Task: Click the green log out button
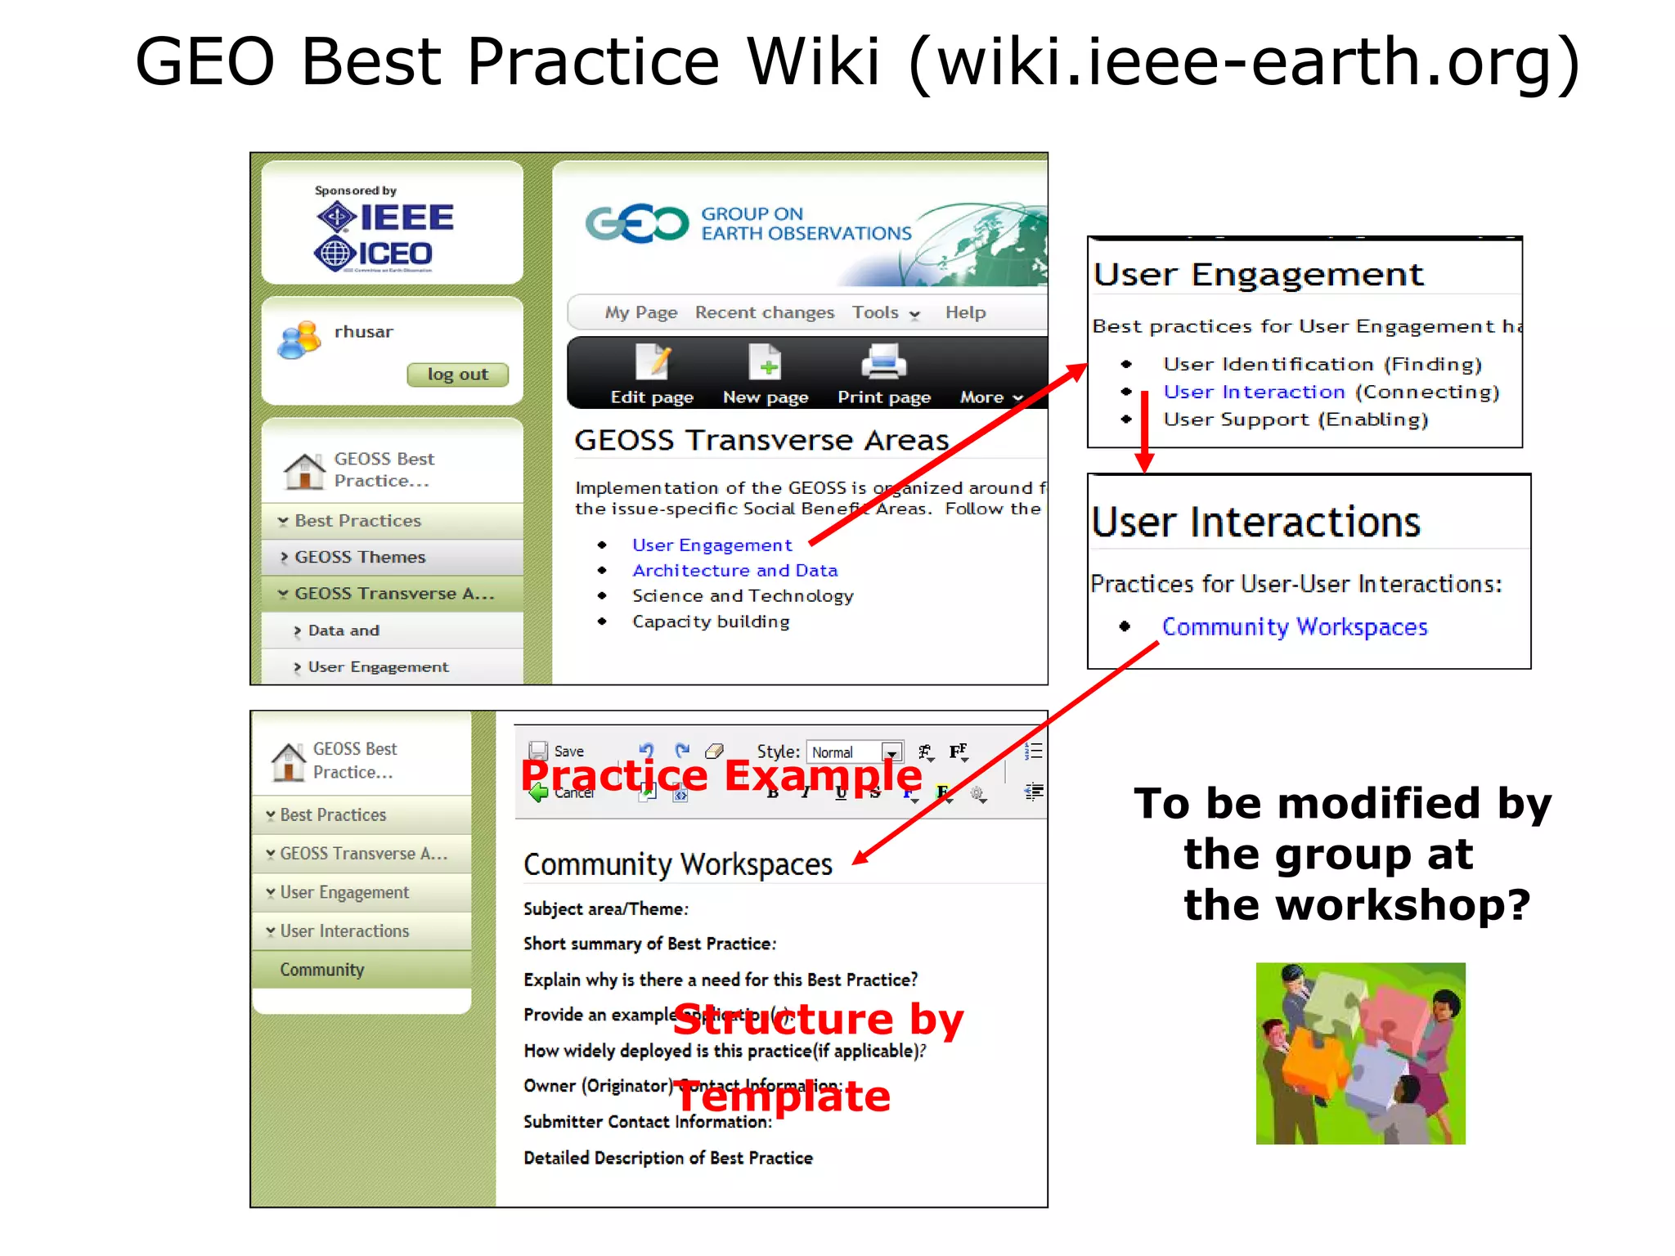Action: [457, 375]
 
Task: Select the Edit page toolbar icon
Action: [653, 362]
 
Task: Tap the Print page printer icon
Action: [883, 362]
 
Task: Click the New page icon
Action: [766, 362]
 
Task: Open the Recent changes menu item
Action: [764, 312]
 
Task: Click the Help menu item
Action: [965, 312]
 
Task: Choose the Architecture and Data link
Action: [734, 570]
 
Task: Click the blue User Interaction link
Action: [1253, 392]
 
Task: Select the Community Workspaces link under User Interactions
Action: [1294, 626]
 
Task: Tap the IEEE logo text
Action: [406, 218]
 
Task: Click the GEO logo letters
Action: [636, 223]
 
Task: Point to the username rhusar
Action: [363, 332]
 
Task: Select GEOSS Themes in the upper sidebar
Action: [360, 557]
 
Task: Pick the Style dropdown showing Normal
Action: [854, 751]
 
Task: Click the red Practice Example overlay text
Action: [721, 774]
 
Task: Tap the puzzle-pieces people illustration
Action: [1360, 1053]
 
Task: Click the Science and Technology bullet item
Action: [742, 596]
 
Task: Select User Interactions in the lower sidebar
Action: [344, 931]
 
